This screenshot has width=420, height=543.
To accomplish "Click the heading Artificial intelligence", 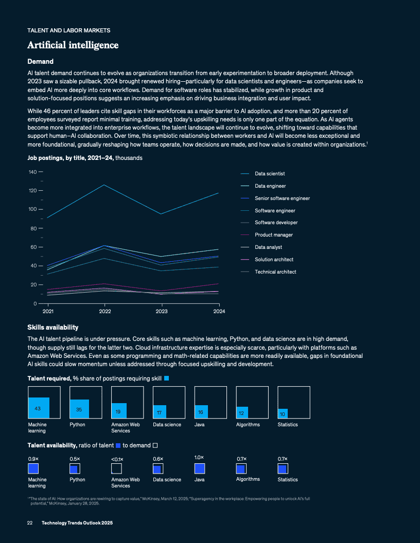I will (73, 45).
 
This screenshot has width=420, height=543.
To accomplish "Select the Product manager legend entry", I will (274, 235).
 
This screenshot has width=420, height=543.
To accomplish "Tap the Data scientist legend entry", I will (270, 174).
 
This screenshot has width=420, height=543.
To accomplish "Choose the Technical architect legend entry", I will (275, 271).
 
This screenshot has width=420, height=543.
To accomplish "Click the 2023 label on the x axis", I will (162, 311).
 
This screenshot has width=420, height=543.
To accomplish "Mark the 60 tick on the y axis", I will (33, 247).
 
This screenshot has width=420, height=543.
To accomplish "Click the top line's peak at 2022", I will (105, 185).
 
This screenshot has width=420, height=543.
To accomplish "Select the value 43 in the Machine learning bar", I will (38, 408).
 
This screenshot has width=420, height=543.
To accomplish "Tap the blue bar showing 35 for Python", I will (79, 409).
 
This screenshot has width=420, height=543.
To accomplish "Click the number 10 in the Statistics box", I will (283, 413).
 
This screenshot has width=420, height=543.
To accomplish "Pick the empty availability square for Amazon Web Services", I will (116, 468).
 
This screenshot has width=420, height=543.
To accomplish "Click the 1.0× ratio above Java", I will (199, 457).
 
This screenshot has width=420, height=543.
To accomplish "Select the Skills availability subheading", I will (52, 327).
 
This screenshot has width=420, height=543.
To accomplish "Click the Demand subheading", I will (40, 62).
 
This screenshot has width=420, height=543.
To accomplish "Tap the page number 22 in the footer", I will (30, 522).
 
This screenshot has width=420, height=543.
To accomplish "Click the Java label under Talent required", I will (199, 424).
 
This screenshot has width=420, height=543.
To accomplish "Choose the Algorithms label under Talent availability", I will (248, 479).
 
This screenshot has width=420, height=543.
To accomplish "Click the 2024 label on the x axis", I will (219, 311).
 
